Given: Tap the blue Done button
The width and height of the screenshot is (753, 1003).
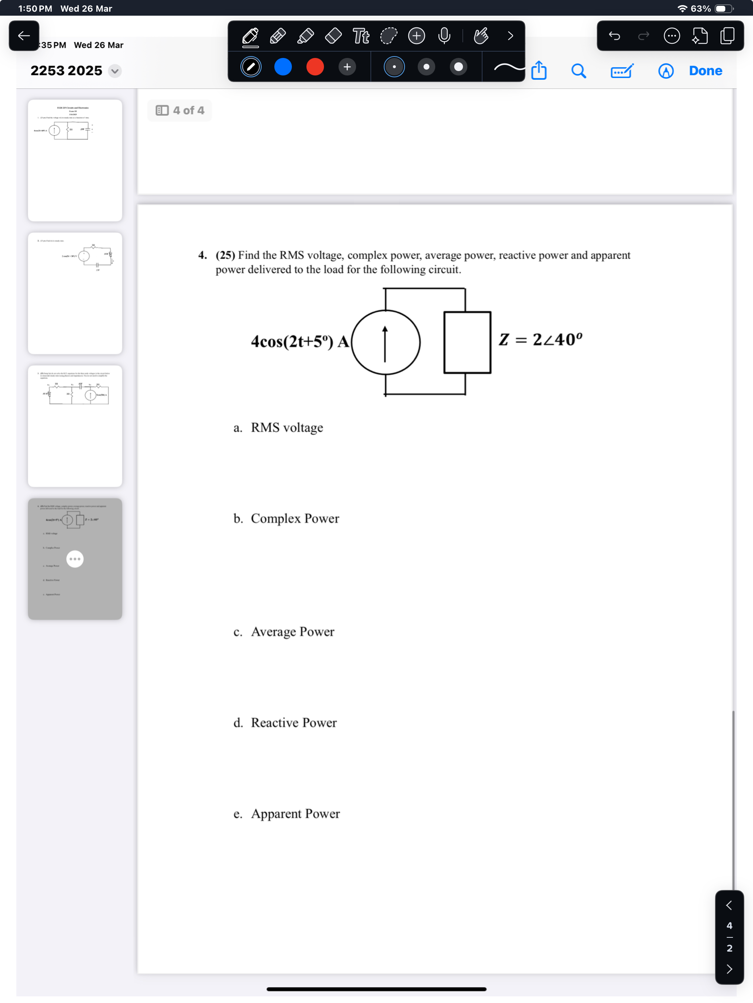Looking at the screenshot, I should [705, 71].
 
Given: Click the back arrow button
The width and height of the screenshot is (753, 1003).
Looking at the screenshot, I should [24, 36].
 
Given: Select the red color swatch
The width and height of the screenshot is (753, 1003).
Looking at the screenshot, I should [314, 67].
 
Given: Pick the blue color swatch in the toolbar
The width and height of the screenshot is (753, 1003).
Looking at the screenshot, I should [283, 67].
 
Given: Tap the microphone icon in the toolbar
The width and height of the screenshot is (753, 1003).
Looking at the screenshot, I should [444, 36].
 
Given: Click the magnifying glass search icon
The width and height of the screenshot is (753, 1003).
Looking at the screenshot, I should [578, 71].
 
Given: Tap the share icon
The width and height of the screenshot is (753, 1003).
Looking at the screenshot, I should [539, 70].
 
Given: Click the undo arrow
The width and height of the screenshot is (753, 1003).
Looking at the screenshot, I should [614, 36].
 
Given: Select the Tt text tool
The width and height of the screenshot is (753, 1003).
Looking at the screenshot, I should [361, 36].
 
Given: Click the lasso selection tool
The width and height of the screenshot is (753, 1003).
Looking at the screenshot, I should [389, 36].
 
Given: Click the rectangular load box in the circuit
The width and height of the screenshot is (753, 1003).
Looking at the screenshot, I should [467, 342].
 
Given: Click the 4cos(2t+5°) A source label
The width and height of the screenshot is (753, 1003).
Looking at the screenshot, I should [300, 342].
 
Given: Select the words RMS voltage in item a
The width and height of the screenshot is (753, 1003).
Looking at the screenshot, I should [287, 428].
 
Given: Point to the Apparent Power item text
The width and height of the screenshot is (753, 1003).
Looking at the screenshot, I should [295, 813].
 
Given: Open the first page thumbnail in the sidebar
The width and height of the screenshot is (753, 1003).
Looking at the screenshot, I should [75, 160].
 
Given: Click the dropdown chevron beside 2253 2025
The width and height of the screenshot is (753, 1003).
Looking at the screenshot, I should [115, 71].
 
